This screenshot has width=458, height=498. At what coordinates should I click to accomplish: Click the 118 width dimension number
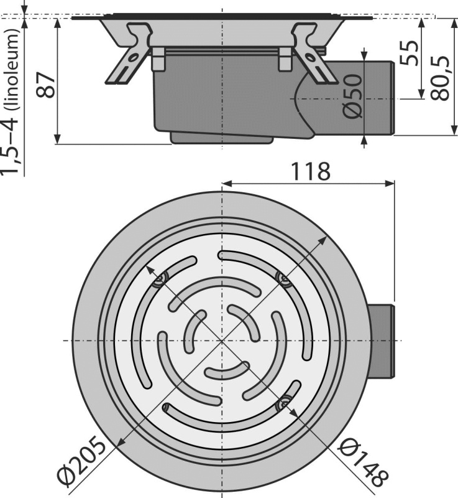point(310,171)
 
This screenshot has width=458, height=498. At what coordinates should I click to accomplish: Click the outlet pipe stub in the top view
point(382,341)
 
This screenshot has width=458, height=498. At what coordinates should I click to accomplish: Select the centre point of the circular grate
point(221,341)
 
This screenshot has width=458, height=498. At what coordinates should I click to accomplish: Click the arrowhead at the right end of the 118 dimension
point(391,183)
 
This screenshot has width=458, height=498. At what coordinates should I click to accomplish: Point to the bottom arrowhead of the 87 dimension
point(57,140)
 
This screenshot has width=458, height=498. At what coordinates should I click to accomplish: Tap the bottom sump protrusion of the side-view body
point(221,138)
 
